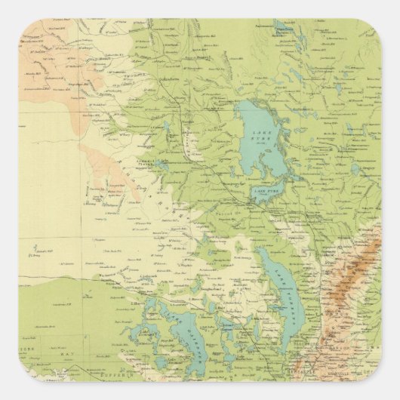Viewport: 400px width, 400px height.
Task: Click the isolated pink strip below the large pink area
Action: [113, 170]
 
